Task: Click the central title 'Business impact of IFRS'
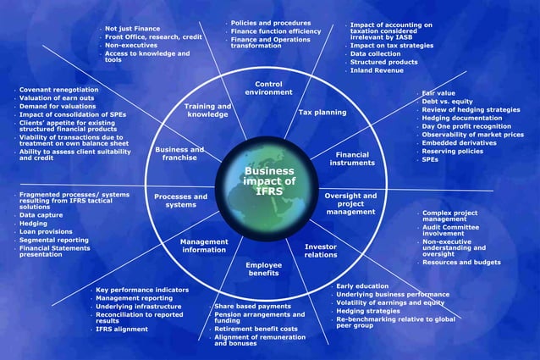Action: (x=269, y=180)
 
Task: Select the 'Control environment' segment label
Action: (x=273, y=88)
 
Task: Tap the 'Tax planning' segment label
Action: (x=322, y=113)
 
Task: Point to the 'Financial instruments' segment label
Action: (x=352, y=159)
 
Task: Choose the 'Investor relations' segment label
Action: (x=321, y=250)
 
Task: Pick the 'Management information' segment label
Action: (x=204, y=245)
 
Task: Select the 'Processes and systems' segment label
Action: (x=180, y=201)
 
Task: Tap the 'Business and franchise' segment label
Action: (x=179, y=153)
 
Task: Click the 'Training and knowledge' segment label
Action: (x=207, y=110)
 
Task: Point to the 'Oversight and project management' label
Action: (x=350, y=204)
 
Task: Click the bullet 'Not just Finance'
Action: (x=132, y=29)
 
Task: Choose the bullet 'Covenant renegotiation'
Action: (x=58, y=90)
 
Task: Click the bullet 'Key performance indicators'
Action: (x=142, y=290)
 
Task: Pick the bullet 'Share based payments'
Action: (x=252, y=306)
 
